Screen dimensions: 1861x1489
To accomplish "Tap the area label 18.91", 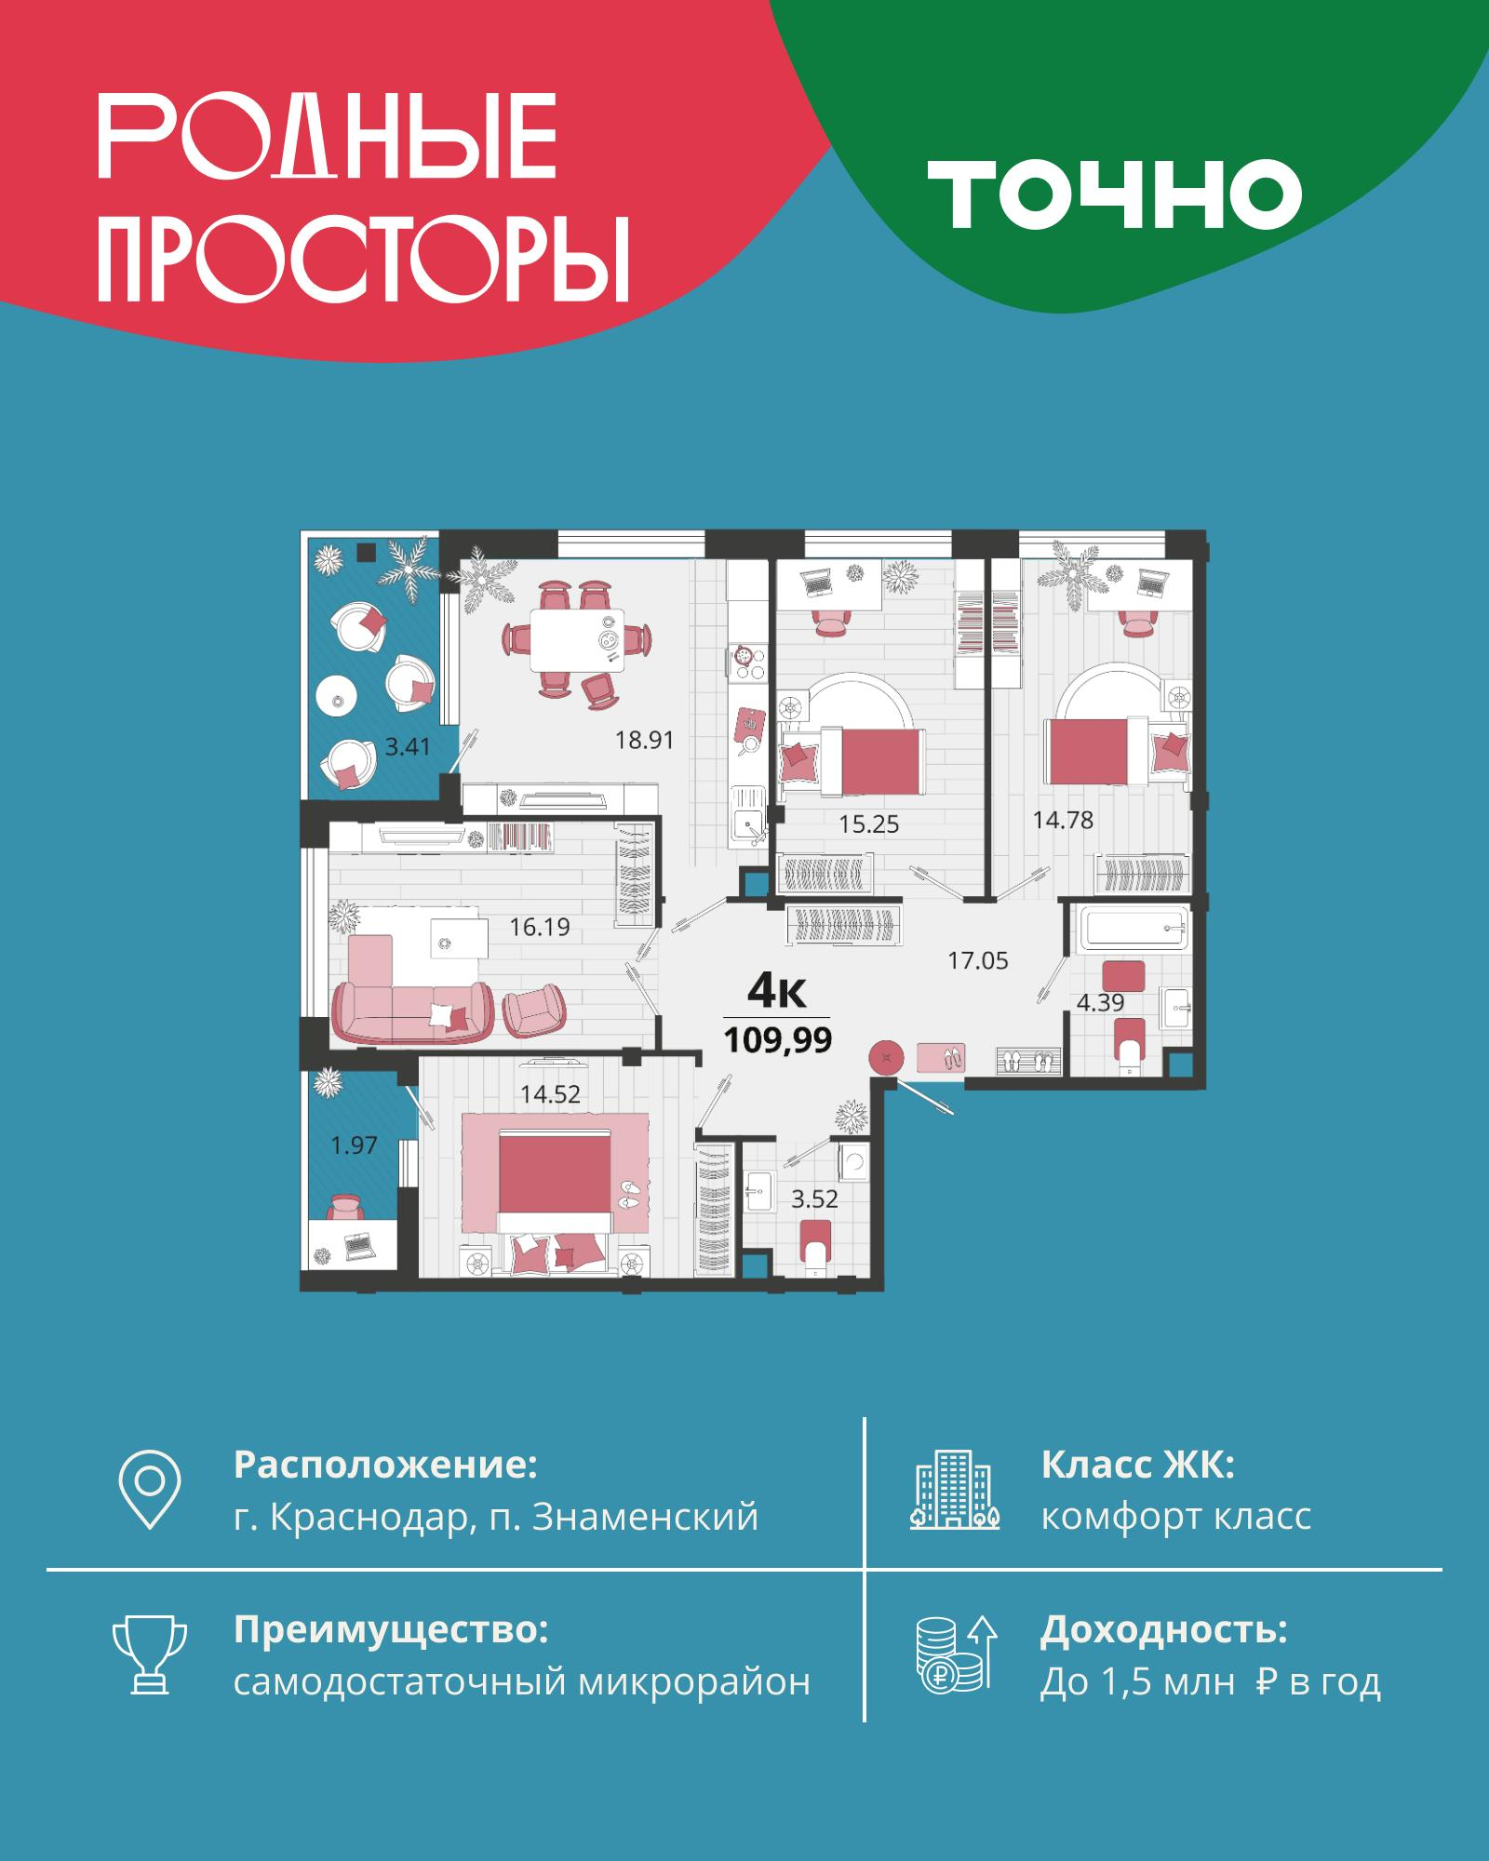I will tap(644, 741).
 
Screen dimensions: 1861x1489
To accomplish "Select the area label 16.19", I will tap(540, 927).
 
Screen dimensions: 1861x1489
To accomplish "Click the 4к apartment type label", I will tap(776, 992).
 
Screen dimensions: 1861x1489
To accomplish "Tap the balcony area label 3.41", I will tap(408, 746).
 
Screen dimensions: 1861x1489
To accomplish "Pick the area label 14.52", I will tap(550, 1094).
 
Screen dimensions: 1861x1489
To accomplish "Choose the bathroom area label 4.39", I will tap(1101, 1002).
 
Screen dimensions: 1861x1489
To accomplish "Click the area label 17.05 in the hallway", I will tap(978, 960).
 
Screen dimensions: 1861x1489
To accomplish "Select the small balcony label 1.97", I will tap(355, 1145).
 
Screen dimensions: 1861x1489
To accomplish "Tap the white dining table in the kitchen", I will tap(578, 640).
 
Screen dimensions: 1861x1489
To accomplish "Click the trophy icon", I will tap(150, 1656).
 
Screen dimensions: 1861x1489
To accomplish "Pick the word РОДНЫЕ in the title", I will tap(328, 136).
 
